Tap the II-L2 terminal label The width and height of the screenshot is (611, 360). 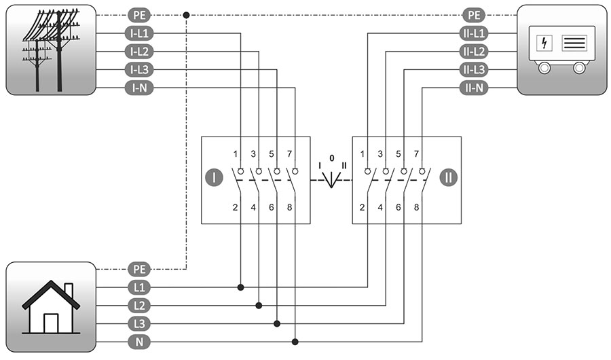coord(473,51)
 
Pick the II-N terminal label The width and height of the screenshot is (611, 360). coord(473,88)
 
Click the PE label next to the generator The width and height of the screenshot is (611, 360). coord(473,14)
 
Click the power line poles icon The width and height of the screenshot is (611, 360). coord(51,50)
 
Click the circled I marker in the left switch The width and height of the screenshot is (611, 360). coord(214,179)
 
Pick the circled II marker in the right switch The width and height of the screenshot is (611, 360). coord(448,179)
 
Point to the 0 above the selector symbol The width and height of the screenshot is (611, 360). coord(332,158)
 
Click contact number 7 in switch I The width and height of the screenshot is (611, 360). coord(289,155)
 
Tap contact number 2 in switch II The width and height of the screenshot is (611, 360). coord(363,205)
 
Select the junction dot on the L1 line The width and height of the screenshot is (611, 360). coord(241,287)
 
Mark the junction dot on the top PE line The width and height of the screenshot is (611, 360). coord(186,14)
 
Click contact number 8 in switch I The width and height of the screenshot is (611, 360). coord(289,205)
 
